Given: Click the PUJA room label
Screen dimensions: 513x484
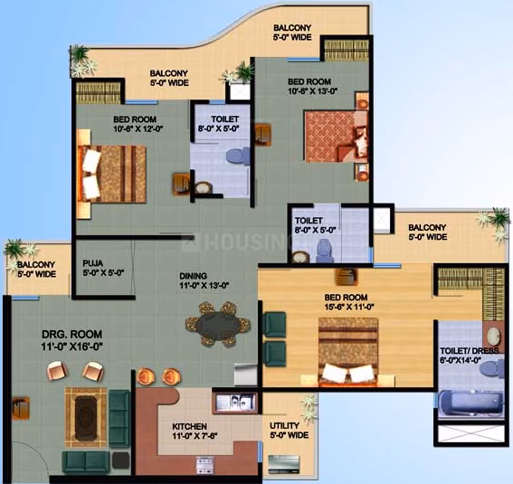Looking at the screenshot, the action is pyautogui.click(x=93, y=263).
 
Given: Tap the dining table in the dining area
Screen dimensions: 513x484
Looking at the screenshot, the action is pyautogui.click(x=218, y=324).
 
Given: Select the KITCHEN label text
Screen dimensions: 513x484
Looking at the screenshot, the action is pyautogui.click(x=190, y=427).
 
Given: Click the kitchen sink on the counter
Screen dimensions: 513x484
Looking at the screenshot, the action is pyautogui.click(x=235, y=401).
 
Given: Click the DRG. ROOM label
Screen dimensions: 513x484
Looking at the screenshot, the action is pyautogui.click(x=72, y=334).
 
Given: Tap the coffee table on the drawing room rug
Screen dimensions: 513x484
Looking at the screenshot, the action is pyautogui.click(x=86, y=418).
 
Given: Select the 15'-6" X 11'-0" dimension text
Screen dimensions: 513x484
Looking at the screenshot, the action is pyautogui.click(x=349, y=307).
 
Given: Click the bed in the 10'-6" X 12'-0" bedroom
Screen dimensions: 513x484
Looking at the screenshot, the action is pyautogui.click(x=111, y=174).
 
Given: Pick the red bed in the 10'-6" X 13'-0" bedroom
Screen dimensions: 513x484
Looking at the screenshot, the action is pyautogui.click(x=336, y=136).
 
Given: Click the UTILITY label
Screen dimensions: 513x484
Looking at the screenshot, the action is pyautogui.click(x=284, y=425).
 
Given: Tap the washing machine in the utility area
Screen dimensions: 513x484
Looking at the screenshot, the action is pyautogui.click(x=283, y=463).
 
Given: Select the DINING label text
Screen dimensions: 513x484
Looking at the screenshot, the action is pyautogui.click(x=193, y=276).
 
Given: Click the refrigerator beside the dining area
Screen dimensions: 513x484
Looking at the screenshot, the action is pyautogui.click(x=246, y=374).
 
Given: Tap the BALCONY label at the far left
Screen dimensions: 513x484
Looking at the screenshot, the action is pyautogui.click(x=36, y=264).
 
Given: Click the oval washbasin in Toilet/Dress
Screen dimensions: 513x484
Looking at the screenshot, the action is pyautogui.click(x=493, y=336).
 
